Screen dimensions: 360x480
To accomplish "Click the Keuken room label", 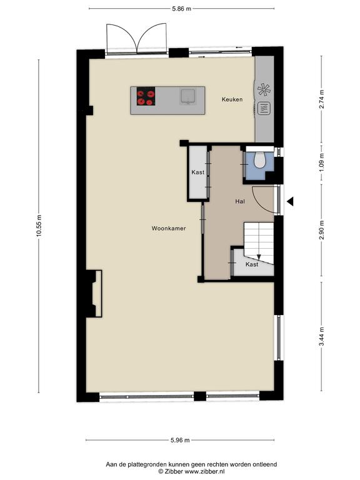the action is tap(232, 99).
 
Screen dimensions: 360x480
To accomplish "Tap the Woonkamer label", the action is tap(169, 228).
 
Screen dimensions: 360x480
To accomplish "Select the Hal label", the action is tap(240, 201).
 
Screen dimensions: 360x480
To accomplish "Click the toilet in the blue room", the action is tap(260, 160).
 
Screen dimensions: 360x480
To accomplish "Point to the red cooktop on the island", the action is tap(146, 96).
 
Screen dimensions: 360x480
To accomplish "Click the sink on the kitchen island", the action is tap(187, 96).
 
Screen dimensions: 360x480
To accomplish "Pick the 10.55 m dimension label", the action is tap(39, 226).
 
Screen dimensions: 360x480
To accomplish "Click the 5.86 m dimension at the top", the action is tap(181, 9).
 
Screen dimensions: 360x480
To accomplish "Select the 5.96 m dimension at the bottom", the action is tap(180, 440).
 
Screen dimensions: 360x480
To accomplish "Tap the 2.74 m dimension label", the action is tap(321, 99).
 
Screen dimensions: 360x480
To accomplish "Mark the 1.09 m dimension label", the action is tap(321, 162).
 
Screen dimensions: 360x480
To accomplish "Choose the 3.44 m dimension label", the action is tap(321, 336).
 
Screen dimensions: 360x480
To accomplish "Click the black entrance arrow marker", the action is tap(290, 201).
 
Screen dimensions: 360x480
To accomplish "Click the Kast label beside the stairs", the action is tap(252, 264).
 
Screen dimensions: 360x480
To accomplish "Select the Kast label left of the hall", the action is tap(197, 172).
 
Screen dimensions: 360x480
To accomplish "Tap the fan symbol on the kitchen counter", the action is tap(264, 89).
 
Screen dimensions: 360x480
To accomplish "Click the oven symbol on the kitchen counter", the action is tap(264, 108).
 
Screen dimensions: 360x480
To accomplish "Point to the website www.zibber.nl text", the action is tap(205, 472).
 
